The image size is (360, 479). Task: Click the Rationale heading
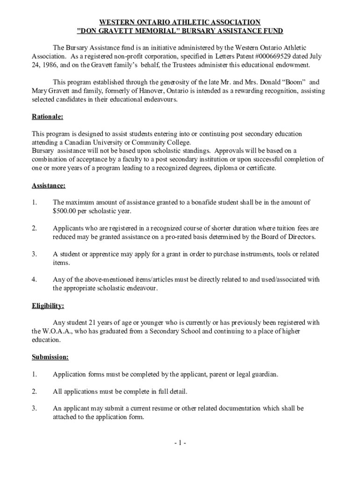[47, 116]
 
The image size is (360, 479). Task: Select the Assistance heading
[49, 185]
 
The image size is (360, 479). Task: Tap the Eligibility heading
[48, 306]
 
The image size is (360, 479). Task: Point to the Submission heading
[50, 357]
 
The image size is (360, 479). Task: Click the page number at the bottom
[180, 443]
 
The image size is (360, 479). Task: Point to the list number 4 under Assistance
[34, 280]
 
